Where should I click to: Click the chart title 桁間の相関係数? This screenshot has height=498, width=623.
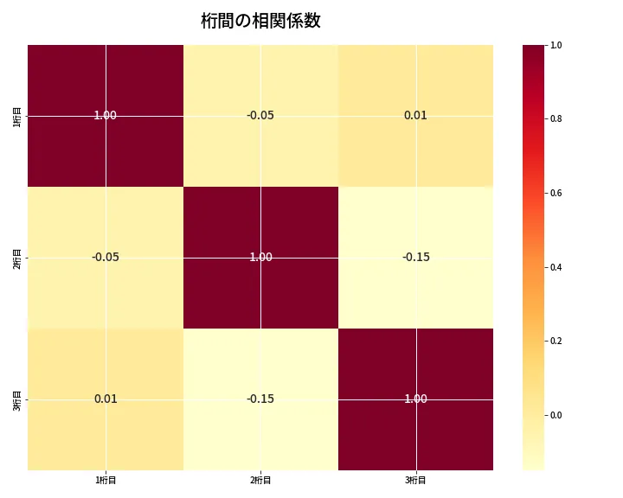click(260, 21)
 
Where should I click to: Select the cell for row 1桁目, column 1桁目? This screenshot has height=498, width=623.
click(105, 115)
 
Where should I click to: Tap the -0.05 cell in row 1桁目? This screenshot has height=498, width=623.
click(260, 115)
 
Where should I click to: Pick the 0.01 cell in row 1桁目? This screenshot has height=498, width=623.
click(415, 115)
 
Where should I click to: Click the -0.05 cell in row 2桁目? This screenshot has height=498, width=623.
click(105, 257)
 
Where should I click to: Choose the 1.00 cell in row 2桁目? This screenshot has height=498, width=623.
click(260, 257)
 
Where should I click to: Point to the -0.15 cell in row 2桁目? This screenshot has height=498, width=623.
click(415, 257)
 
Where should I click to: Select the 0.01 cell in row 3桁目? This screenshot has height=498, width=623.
click(105, 399)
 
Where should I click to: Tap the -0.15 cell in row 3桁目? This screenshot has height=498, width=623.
click(260, 399)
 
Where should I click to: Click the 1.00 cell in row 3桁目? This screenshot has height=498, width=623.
click(415, 399)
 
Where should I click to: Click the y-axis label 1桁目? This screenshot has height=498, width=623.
click(17, 115)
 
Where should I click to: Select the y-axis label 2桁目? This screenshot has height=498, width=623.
click(17, 257)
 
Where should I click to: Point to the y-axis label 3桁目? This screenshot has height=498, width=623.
click(17, 399)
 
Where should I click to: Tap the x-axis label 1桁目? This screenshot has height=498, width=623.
click(105, 480)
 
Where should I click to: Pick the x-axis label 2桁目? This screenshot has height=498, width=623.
click(260, 480)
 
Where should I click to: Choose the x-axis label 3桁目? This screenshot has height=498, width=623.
click(415, 480)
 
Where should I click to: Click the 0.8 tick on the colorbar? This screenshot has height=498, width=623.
click(556, 118)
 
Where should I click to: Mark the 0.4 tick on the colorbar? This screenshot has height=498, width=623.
click(556, 267)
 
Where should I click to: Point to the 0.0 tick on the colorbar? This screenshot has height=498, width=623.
click(556, 415)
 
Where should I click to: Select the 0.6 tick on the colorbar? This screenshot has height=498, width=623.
click(556, 193)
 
